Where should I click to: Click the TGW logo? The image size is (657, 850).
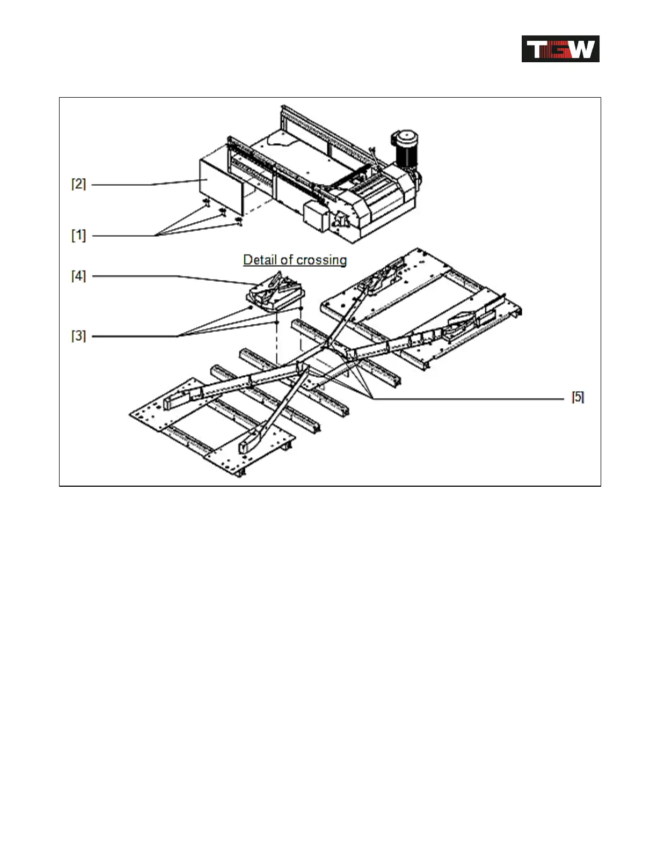[560, 49]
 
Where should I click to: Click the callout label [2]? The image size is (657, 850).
[78, 184]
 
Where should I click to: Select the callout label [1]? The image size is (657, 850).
[78, 235]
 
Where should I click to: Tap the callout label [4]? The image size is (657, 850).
[78, 276]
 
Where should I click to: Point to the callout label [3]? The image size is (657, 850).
[78, 336]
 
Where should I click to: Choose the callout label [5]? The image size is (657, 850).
[578, 398]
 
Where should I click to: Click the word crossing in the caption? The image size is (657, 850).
[321, 260]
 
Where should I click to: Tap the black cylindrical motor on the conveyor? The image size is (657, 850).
[407, 148]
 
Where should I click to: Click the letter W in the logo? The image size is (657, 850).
[582, 49]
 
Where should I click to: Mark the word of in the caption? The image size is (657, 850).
[286, 260]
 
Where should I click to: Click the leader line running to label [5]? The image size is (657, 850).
[472, 399]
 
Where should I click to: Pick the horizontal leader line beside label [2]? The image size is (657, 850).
[121, 185]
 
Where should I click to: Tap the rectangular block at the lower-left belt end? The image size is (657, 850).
[178, 399]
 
